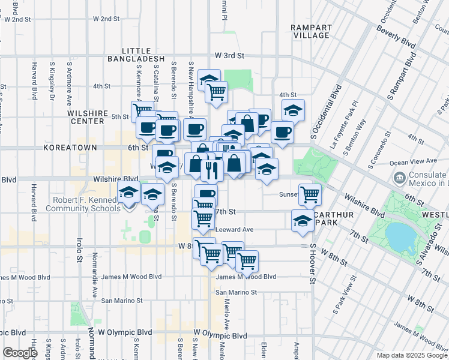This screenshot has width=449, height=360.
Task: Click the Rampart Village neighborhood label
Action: [310, 31]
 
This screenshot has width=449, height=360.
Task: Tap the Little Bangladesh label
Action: [136, 55]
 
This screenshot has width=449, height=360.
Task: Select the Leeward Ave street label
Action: [234, 229]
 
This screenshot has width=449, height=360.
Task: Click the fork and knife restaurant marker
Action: [211, 169]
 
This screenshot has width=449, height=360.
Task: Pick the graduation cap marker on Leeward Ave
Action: [303, 221]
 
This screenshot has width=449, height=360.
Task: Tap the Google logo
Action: [20, 353]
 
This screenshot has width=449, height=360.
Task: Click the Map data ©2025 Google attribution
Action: [412, 355]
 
